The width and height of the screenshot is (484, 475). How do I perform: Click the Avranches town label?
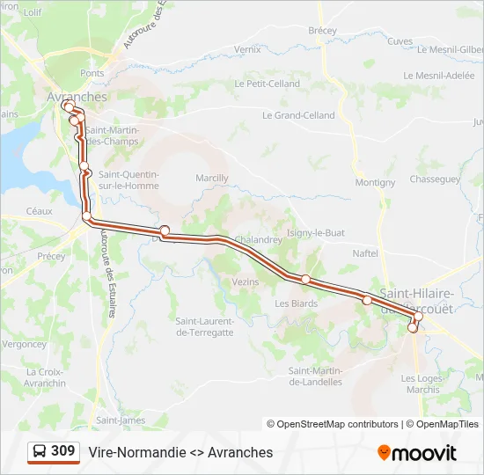pyautogui.click(x=77, y=97)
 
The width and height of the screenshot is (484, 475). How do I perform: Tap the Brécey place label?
pyautogui.click(x=323, y=31)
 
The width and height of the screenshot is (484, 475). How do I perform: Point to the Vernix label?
pyautogui.click(x=248, y=50)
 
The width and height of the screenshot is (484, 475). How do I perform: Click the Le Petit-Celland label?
pyautogui.click(x=268, y=84)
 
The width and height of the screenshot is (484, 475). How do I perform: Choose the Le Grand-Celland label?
pyautogui.click(x=298, y=115)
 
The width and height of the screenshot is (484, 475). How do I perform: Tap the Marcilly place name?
pyautogui.click(x=212, y=178)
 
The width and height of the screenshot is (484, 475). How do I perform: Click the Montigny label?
pyautogui.click(x=375, y=183)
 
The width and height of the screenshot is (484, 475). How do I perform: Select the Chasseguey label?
pyautogui.click(x=435, y=179)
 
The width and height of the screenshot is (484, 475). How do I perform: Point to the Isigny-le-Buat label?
pyautogui.click(x=315, y=233)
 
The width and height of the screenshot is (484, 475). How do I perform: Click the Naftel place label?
pyautogui.click(x=364, y=253)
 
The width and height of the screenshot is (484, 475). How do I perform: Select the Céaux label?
pyautogui.click(x=40, y=211)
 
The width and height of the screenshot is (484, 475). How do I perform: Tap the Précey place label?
pyautogui.click(x=51, y=256)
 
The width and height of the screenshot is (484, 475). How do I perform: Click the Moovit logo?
pyautogui.click(x=417, y=453)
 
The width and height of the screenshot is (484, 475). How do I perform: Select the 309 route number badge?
pyautogui.click(x=53, y=452)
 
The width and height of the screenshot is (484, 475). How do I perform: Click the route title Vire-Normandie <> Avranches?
pyautogui.click(x=180, y=453)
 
